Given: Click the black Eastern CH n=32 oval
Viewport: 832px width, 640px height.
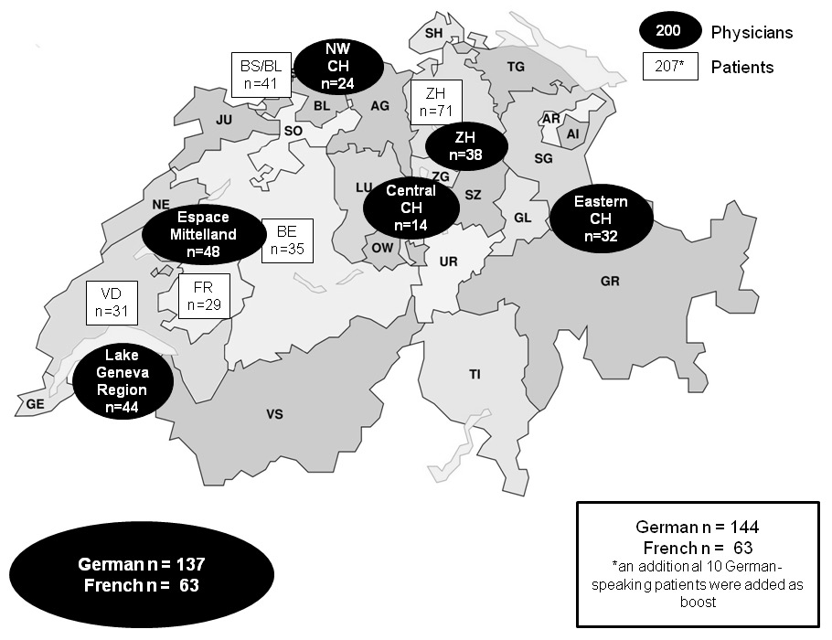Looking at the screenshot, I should tap(601, 219).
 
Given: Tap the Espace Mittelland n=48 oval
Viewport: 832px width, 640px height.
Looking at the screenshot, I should tap(202, 234).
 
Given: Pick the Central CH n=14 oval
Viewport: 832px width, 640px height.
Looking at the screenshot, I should tap(411, 207).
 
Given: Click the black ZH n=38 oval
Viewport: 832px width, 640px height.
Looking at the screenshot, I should tap(465, 146).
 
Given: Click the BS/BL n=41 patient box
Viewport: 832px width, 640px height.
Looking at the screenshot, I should tap(260, 74).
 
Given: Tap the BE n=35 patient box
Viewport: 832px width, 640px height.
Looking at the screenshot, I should tap(287, 240).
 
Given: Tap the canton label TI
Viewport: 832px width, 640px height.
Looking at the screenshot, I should tap(475, 374).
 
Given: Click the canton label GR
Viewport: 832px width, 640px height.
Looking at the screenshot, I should tap(611, 282).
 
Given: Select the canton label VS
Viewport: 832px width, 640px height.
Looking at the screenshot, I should tap(274, 415).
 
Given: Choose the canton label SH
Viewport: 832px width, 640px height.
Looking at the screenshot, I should tap(434, 33).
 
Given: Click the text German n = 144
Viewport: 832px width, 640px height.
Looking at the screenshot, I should tap(698, 528).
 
